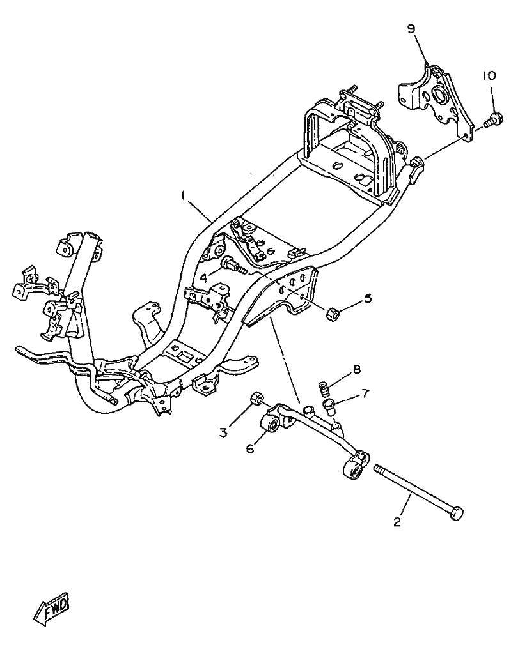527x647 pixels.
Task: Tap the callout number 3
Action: pos(223,432)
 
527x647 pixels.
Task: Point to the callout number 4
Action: pos(203,278)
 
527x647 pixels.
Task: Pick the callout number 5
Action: pos(368,298)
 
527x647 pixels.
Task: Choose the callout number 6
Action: pos(250,449)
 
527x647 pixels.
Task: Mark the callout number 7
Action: pos(365,393)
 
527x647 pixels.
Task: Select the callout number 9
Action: pos(411,29)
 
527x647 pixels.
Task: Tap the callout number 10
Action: pos(489,75)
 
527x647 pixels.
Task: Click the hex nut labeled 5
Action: pos(333,314)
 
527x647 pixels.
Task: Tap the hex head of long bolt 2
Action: pos(456,513)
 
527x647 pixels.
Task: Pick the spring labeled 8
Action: pos(324,388)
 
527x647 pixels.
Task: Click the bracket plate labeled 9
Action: pos(435,99)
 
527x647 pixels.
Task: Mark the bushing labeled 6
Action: pos(271,423)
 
